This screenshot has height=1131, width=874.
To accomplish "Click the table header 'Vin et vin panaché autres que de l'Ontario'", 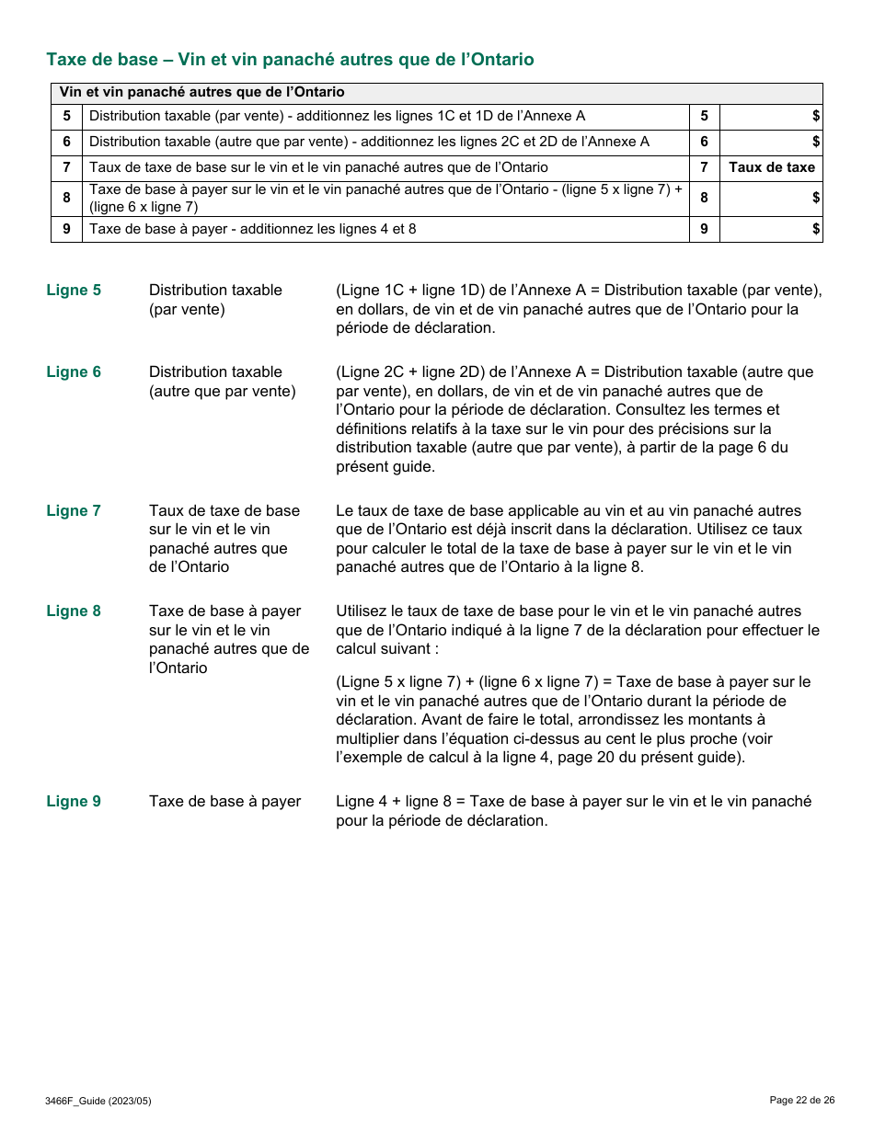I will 201,92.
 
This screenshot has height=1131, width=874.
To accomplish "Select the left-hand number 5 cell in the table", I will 66,116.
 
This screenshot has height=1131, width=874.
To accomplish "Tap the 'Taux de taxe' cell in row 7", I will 771,167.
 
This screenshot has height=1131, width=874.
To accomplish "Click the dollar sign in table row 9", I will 815,229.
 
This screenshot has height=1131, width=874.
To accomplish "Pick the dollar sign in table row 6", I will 815,142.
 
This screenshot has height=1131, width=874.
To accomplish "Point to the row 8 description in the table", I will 385,198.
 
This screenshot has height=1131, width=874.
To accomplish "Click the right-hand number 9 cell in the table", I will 704,229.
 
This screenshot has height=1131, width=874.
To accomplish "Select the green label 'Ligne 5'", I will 74,291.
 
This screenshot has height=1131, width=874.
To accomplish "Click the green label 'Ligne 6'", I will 74,372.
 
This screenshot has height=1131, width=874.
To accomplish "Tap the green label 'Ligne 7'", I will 74,511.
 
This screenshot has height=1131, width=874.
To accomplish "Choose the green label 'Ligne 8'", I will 74,611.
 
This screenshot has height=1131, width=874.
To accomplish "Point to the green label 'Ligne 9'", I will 74,802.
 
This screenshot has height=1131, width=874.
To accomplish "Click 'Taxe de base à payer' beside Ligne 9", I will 224,802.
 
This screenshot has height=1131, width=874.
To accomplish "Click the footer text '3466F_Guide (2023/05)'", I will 98,1101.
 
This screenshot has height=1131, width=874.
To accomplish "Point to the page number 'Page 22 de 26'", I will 801,1100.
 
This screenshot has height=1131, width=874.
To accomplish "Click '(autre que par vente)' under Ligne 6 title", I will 222,392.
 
